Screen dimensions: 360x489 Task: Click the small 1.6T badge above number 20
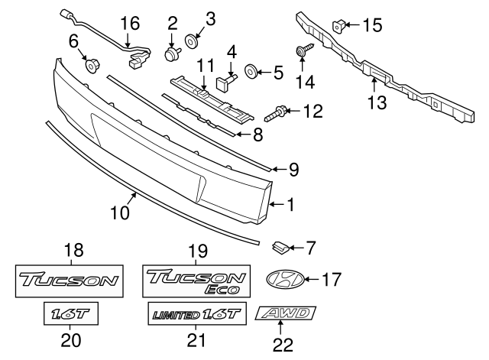click(70, 314)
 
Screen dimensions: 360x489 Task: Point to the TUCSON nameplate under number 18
click(70, 281)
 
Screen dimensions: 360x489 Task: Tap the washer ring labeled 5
click(250, 73)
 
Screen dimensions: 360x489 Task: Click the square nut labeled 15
click(337, 26)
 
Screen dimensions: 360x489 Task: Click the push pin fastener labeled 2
click(170, 52)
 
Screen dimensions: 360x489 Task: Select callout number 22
click(283, 345)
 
